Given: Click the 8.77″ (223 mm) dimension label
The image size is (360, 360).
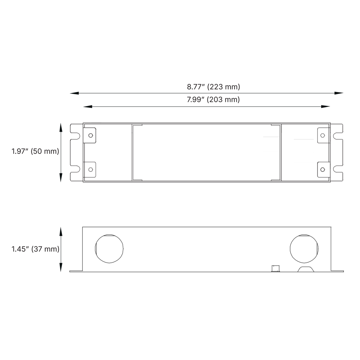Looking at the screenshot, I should click(213, 87).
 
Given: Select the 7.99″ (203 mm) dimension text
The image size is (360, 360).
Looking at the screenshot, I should click(213, 100).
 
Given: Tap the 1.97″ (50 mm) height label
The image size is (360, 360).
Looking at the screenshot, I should click(35, 151).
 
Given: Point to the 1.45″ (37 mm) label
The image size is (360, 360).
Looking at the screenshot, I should click(36, 249).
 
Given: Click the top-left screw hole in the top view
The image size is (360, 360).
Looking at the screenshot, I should click(91, 136).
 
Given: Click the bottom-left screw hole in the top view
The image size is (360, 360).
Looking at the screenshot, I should click(91, 169).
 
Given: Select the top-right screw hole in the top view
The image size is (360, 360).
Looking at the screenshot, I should click(323, 136).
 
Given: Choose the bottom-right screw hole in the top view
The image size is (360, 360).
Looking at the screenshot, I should click(323, 169).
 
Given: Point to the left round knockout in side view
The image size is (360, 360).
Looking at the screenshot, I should click(109, 249).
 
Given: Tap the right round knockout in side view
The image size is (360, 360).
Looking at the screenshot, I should click(304, 249).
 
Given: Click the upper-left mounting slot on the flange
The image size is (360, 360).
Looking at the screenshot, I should click(76, 136).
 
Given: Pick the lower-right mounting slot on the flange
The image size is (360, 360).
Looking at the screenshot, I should click(337, 169).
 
